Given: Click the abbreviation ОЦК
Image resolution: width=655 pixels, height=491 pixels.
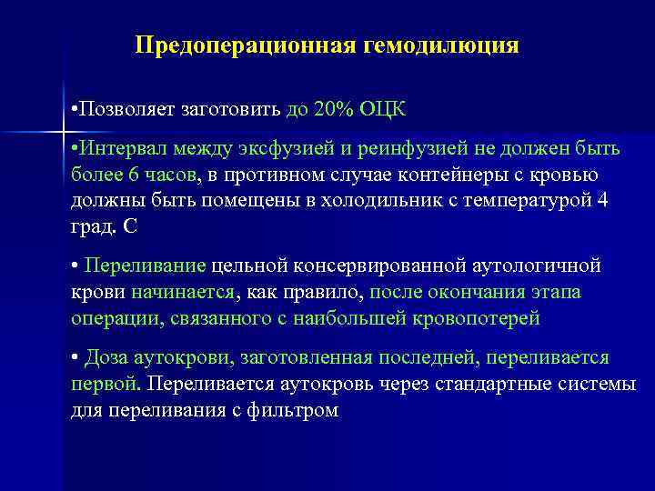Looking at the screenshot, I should pos(385,110).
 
